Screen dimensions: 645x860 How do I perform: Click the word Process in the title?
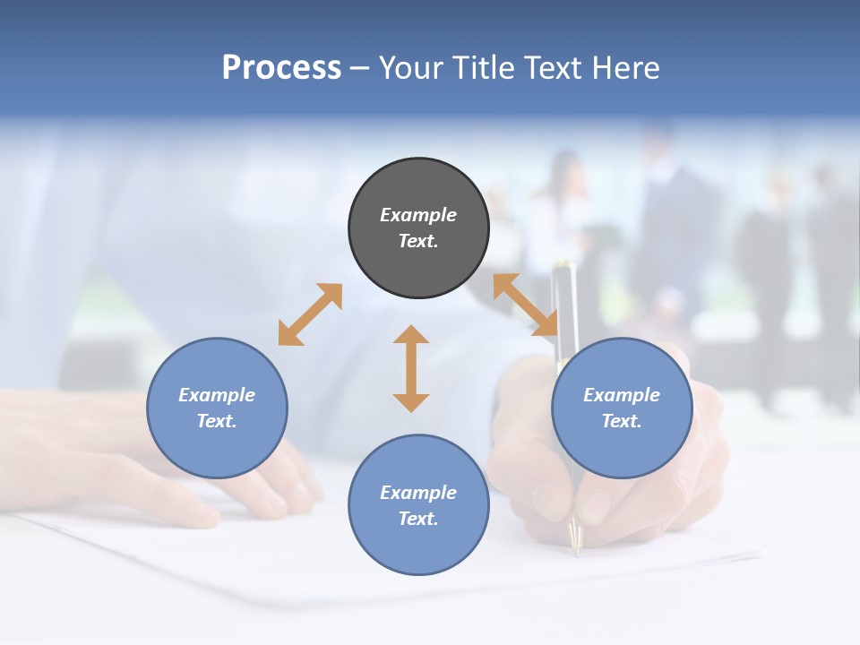[x=281, y=68]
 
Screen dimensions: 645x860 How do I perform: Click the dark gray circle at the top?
[x=418, y=228]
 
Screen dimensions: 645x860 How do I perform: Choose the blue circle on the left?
[x=217, y=408]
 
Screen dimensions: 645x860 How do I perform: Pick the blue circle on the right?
[x=622, y=408]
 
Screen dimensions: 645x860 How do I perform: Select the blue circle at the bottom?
[x=418, y=504]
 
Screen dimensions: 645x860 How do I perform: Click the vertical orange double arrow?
[x=411, y=368]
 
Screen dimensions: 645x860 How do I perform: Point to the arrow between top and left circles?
[x=310, y=314]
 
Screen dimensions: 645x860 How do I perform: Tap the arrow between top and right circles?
[x=525, y=305]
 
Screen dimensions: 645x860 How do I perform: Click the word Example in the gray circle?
[x=418, y=215]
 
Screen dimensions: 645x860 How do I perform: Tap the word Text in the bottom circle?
[x=418, y=519]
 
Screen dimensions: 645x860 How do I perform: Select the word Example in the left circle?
[x=217, y=395]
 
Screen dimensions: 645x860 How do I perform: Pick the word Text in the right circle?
[x=622, y=421]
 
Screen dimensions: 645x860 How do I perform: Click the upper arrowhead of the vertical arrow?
[x=411, y=336]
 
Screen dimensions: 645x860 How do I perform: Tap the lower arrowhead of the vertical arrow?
[x=411, y=400]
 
